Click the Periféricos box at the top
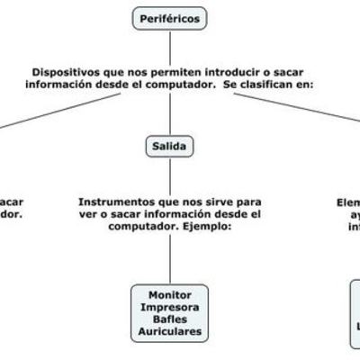(170, 17)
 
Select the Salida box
(170, 144)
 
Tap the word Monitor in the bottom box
(170, 294)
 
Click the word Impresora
(170, 307)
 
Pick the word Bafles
(170, 319)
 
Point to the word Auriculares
(170, 332)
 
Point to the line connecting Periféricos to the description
(170, 45)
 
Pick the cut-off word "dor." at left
(11, 215)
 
